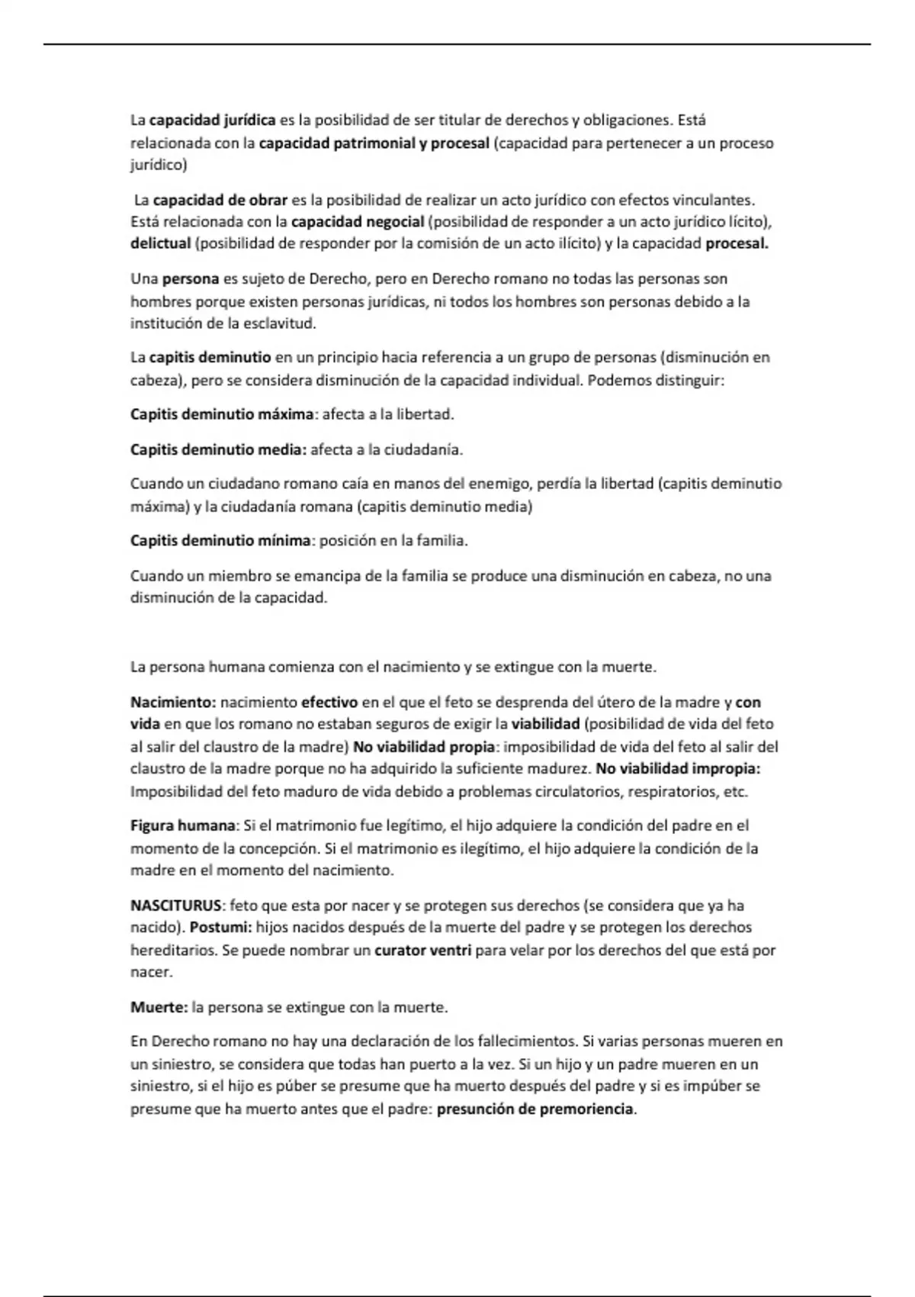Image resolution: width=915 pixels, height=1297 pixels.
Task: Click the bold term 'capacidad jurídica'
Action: [x=212, y=121]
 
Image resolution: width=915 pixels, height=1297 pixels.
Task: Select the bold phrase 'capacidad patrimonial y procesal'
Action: [x=374, y=143]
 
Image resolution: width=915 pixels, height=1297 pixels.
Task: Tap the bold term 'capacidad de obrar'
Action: [x=220, y=201]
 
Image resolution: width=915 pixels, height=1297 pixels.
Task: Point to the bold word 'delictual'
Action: [x=160, y=244]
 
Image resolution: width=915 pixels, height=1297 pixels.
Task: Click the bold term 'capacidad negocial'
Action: [x=358, y=222]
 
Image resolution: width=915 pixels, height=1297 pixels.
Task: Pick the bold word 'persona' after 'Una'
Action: [x=191, y=279]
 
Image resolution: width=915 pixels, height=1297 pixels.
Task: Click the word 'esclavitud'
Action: [x=279, y=323]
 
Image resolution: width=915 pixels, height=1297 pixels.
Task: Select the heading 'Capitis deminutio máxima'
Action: [x=222, y=415]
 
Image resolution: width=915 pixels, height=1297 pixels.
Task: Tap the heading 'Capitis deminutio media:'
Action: [x=218, y=450]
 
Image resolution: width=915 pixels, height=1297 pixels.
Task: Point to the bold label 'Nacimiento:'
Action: [x=173, y=703]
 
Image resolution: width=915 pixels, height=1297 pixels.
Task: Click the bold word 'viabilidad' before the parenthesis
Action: [x=545, y=724]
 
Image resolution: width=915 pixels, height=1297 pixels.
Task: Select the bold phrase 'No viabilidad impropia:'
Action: [x=678, y=769]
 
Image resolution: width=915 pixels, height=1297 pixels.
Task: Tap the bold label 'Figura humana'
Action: [x=182, y=826]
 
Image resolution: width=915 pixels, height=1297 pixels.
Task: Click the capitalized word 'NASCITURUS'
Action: [x=175, y=906]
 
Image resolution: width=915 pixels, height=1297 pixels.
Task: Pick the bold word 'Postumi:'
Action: [x=220, y=928]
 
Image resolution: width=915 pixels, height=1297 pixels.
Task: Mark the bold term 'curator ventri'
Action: [x=423, y=951]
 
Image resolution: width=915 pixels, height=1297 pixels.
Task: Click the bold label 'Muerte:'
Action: [x=159, y=1008]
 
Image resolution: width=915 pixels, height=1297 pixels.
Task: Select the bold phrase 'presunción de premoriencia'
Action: [x=535, y=1109]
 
